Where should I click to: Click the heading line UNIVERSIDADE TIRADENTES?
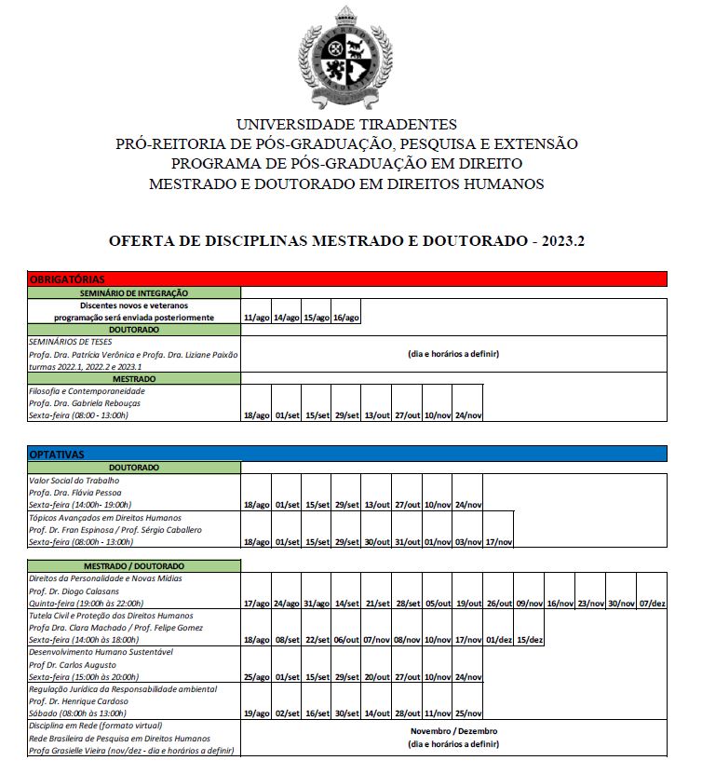tap(346, 124)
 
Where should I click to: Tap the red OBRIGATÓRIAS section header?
tap(346, 278)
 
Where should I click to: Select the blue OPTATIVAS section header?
tap(346, 454)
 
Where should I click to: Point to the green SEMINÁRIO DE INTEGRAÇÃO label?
tap(134, 292)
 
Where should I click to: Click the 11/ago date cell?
tap(256, 318)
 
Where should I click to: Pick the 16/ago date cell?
tap(345, 318)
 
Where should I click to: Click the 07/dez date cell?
tap(654, 603)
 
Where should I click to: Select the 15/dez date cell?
tap(529, 639)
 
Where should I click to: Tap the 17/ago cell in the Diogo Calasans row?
tap(256, 603)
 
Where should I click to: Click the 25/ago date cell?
tap(256, 676)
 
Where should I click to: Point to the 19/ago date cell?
tap(256, 713)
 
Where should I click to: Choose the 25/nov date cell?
tap(468, 713)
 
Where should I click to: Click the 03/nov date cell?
tap(468, 541)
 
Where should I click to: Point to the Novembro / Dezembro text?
tap(453, 731)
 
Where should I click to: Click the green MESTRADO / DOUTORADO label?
tap(134, 566)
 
